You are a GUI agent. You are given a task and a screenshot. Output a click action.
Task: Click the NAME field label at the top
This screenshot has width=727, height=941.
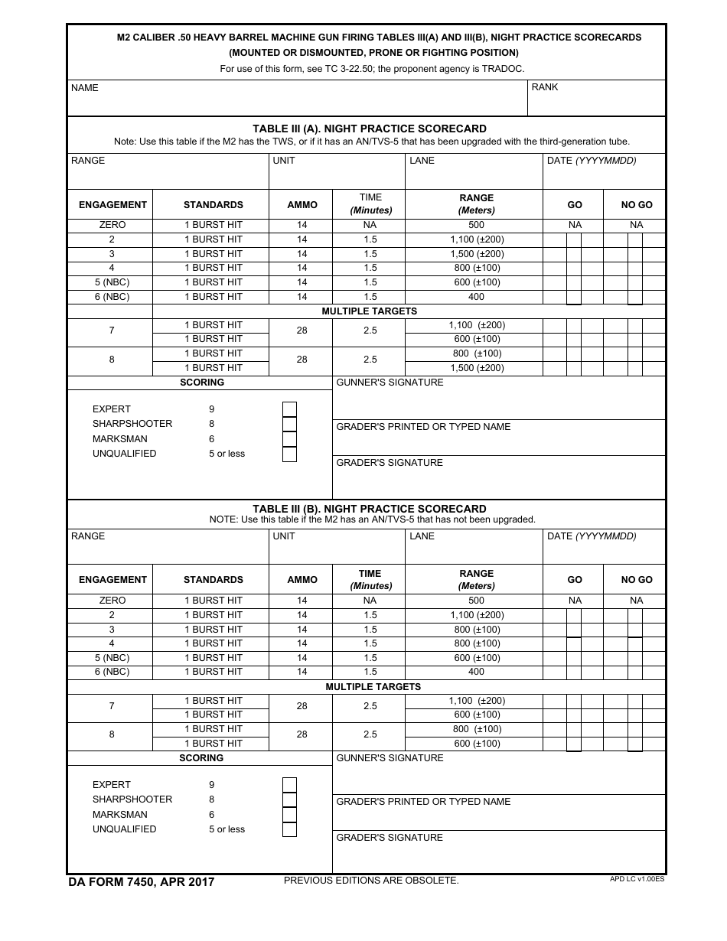(x=85, y=88)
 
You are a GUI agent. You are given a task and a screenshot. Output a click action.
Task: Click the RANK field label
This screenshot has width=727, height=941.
(x=545, y=87)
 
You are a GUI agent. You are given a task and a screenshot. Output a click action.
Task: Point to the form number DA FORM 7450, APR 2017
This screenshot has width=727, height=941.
(x=142, y=882)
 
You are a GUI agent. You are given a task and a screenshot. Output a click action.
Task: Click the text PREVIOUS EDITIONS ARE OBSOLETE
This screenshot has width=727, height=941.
(x=371, y=881)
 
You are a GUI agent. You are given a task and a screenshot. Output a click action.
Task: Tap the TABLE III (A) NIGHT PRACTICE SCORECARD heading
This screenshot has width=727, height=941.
(x=370, y=129)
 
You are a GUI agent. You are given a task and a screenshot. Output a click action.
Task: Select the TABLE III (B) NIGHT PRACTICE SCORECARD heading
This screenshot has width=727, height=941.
(x=370, y=509)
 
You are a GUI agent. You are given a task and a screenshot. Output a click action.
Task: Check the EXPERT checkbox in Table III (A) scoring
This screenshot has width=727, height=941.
(x=289, y=409)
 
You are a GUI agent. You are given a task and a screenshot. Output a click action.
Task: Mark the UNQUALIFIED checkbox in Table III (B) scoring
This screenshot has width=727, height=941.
(x=289, y=829)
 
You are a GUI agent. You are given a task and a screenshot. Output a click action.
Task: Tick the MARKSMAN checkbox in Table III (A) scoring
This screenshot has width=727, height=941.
(x=289, y=439)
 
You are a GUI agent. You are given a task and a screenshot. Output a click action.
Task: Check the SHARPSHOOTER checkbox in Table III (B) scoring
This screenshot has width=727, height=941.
(x=289, y=799)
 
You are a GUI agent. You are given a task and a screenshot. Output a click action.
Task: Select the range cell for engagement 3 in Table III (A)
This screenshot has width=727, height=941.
(x=476, y=254)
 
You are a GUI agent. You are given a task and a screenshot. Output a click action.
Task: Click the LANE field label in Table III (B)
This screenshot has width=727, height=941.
(x=422, y=536)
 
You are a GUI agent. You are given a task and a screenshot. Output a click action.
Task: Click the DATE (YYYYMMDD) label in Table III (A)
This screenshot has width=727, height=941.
(x=592, y=161)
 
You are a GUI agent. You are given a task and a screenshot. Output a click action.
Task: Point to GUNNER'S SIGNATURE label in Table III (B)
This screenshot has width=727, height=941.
(x=390, y=758)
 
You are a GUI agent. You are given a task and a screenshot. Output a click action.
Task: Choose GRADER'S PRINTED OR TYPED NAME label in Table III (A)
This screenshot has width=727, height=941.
(x=423, y=427)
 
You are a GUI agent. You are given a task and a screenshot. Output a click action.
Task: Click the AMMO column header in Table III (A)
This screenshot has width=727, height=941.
(x=302, y=205)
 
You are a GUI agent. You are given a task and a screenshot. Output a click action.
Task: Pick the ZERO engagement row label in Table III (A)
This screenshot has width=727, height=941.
(x=112, y=225)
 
